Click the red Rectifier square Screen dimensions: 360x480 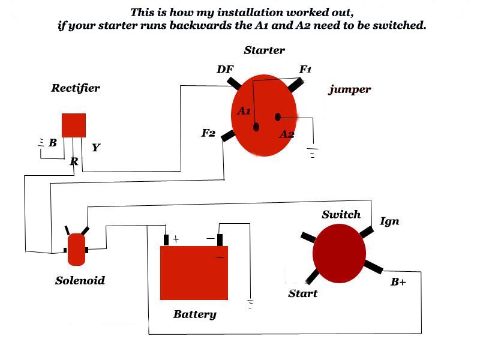pos(74,125)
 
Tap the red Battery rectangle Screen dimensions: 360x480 pos(194,273)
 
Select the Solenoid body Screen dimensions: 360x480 pos(76,250)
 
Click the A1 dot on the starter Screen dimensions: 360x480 pos(256,127)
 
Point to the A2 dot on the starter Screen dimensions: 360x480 pos(278,116)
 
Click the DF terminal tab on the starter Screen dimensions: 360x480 pos(235,82)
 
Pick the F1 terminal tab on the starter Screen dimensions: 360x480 pos(295,85)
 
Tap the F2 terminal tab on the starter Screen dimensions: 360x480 pos(228,136)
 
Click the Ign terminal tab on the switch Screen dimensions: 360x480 pos(366,232)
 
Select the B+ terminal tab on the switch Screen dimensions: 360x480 pos(373,266)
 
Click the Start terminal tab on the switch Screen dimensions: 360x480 pos(313,277)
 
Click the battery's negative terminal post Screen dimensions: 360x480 pos(220,240)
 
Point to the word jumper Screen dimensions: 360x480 pos(350,90)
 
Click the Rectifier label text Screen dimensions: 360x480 pos(75,88)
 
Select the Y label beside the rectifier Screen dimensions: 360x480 pos(95,147)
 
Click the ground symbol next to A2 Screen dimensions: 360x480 pos(312,152)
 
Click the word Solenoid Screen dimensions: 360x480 pos(80,280)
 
